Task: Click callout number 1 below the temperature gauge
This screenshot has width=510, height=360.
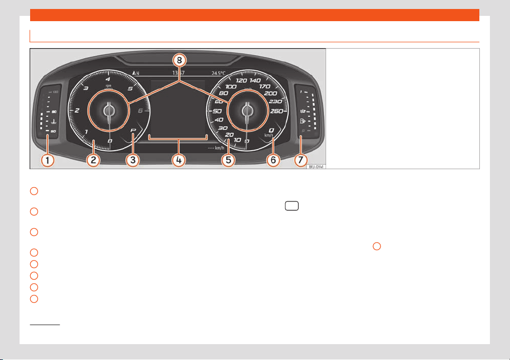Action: tap(48, 159)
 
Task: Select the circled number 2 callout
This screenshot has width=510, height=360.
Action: tap(93, 159)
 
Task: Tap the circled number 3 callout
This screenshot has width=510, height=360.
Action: tap(133, 159)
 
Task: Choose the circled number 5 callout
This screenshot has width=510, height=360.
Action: tap(228, 159)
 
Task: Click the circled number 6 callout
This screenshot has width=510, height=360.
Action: tap(273, 159)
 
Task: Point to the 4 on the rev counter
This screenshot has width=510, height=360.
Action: tap(108, 79)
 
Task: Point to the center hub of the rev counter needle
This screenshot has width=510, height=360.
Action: tap(109, 110)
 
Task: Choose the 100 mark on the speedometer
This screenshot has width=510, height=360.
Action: tap(231, 86)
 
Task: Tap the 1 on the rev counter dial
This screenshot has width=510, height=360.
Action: tap(86, 131)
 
